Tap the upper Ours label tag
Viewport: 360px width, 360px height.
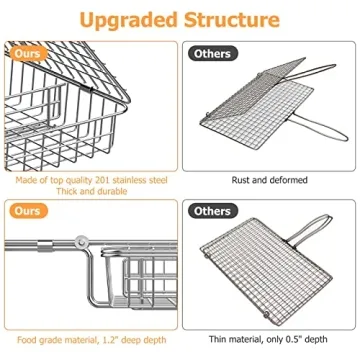(x=31, y=53)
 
